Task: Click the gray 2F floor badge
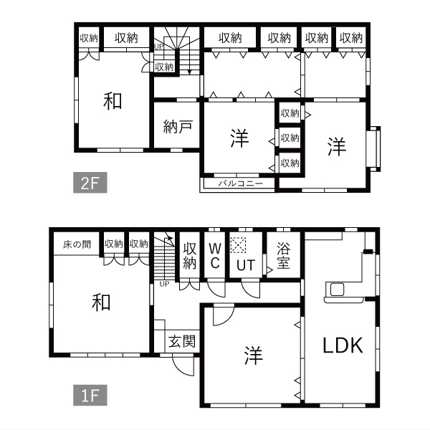coord(90,183)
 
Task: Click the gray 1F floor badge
coord(90,395)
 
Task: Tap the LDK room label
coord(343,345)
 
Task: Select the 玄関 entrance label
coord(182,341)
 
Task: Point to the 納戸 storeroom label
coord(178,126)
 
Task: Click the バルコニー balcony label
coord(241,183)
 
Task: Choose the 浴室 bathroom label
coord(283,255)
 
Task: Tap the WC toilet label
coord(215,256)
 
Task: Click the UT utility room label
coord(246,265)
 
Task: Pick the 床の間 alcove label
coord(77,244)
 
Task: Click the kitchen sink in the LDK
coord(337,290)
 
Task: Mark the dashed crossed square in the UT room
coord(238,245)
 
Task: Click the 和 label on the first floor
coord(101,302)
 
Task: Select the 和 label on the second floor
coord(113,101)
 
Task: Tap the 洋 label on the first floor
coord(254,355)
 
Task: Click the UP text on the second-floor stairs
coord(159,47)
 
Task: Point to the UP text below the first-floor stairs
coord(164,284)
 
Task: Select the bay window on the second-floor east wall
coord(373,149)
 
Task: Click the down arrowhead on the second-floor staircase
coord(189,72)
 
